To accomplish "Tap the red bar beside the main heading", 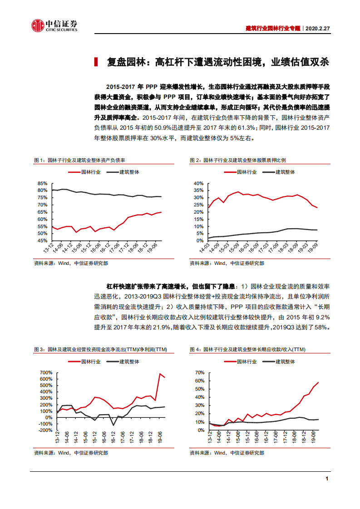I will (96, 62).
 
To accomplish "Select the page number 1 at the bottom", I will (327, 479).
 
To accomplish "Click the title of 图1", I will (79, 161).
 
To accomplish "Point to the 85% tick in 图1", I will (43, 183).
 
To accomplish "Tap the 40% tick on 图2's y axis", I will (198, 183).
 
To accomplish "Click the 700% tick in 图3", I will (45, 372).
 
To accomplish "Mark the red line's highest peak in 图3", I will (160, 374).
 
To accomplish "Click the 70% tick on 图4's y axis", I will (200, 372).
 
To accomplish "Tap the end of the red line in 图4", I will (318, 382).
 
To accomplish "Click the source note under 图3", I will (71, 452).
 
